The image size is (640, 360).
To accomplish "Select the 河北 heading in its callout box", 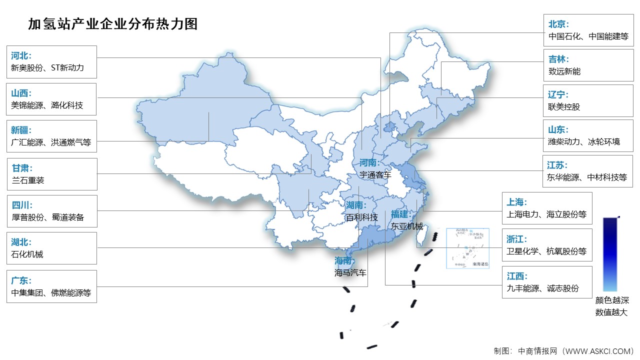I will point(21,55).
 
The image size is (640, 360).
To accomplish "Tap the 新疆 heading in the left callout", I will point(21,130).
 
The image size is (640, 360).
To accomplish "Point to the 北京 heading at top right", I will point(558,24).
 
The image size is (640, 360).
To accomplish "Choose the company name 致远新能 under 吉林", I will point(564,71).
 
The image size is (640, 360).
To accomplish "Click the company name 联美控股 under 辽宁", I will point(564,106).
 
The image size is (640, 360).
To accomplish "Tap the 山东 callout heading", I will point(558,129).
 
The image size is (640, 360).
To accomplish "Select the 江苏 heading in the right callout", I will point(558,165).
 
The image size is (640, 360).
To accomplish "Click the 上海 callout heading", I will point(516,202).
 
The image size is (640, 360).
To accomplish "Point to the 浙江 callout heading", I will point(516,239).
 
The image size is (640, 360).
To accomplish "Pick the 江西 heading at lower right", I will point(516,276).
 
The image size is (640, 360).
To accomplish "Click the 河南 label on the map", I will point(369,163).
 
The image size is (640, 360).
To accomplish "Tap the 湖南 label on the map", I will point(356,205).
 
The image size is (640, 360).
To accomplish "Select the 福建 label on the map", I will point(400,214).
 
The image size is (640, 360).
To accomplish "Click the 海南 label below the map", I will point(344,261).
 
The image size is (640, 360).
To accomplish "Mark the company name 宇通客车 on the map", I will point(375,174).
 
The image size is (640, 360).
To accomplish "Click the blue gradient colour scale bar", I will point(610,254).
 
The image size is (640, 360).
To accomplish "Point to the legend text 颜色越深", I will point(611,300).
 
